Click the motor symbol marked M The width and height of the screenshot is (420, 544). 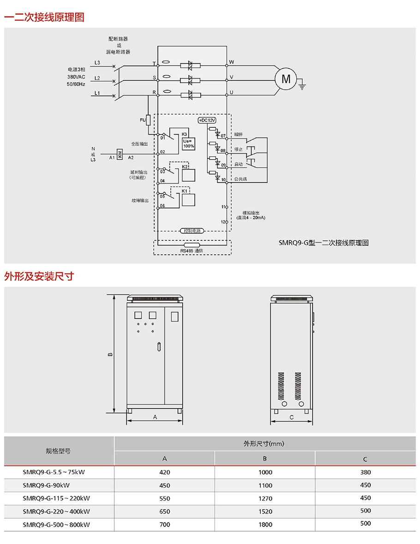pyautogui.click(x=286, y=79)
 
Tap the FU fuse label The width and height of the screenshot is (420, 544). pyautogui.click(x=143, y=121)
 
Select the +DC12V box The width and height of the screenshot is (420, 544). pyautogui.click(x=207, y=120)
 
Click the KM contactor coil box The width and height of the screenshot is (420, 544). pyautogui.click(x=120, y=154)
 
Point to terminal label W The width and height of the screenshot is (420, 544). pyautogui.click(x=232, y=61)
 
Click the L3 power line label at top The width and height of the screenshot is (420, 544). pyautogui.click(x=97, y=62)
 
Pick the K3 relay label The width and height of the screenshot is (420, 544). pyautogui.click(x=184, y=134)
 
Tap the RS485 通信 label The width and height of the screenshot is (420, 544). pyautogui.click(x=192, y=251)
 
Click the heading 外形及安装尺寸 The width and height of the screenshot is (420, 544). pyautogui.click(x=39, y=276)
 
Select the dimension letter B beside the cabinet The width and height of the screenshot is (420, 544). pyautogui.click(x=110, y=355)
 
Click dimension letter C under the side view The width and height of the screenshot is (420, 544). pyautogui.click(x=291, y=417)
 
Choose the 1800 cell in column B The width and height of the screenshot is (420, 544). pyautogui.click(x=265, y=524)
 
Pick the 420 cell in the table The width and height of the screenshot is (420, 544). pyautogui.click(x=165, y=472)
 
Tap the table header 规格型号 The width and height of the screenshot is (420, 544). pyautogui.click(x=58, y=451)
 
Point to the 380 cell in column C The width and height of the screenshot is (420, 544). pyautogui.click(x=365, y=472)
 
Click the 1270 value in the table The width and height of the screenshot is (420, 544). pyautogui.click(x=265, y=498)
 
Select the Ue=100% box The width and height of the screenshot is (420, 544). pyautogui.click(x=188, y=143)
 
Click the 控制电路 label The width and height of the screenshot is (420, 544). pyautogui.click(x=191, y=230)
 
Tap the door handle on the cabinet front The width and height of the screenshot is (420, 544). pyautogui.click(x=158, y=347)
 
